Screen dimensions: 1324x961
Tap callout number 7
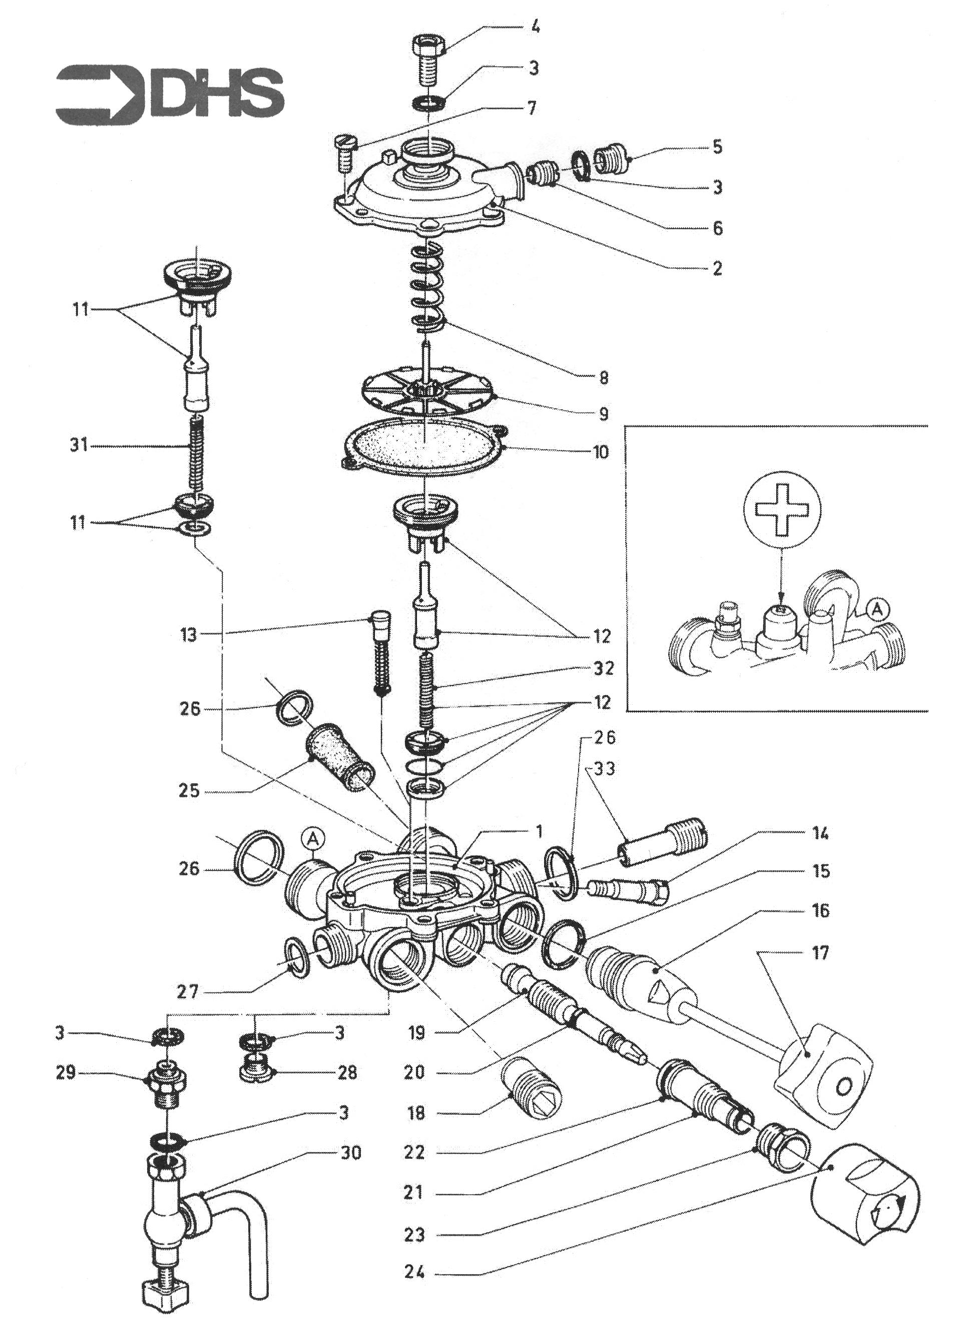531,108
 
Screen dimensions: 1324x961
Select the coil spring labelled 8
428,286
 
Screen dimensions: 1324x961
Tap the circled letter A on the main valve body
313,839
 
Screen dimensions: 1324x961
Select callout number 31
78,446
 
